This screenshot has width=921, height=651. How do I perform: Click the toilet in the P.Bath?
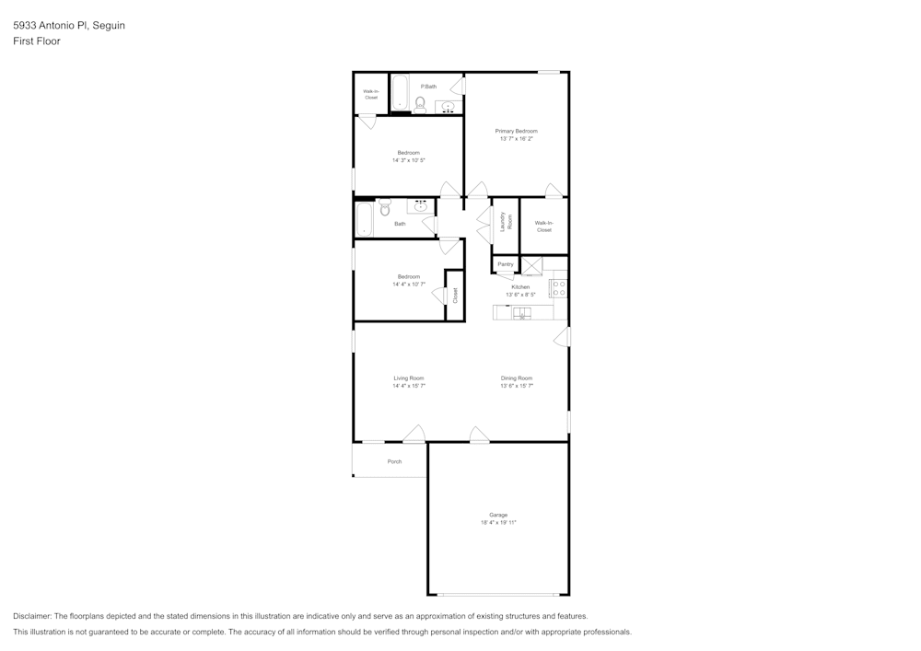420,104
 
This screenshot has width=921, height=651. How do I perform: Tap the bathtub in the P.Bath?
401,92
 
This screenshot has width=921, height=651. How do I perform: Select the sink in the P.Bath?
449,107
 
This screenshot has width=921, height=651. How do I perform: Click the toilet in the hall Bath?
384,207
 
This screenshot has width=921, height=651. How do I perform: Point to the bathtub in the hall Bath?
364,219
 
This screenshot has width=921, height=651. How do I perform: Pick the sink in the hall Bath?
421,206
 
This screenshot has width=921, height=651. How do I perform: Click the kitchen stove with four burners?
558,288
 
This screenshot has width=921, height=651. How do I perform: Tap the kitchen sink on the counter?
521,313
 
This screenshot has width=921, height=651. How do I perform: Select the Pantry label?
505,264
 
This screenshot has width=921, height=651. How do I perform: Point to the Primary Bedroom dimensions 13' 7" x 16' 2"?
516,139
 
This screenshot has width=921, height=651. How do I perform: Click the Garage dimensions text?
498,523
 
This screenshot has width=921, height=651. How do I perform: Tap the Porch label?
394,461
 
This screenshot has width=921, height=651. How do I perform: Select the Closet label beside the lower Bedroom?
454,295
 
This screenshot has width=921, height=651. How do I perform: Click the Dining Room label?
517,378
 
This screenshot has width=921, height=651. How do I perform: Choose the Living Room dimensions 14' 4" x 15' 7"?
409,387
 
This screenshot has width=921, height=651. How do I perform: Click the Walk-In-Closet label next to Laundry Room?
544,226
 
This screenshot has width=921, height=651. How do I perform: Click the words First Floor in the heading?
37,41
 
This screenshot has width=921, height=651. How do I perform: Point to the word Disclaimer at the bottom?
32,616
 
